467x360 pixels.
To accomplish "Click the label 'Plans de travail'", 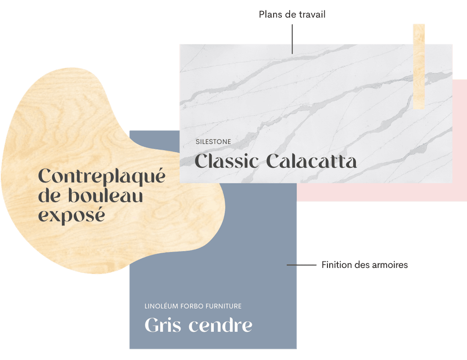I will tap(292, 15).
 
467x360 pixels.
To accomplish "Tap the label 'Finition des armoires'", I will tap(364, 264).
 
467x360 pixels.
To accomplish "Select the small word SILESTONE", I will tap(213, 142).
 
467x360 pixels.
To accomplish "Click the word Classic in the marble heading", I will tap(227, 161).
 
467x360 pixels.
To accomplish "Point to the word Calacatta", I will tap(311, 161).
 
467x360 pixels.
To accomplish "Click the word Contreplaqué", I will tap(102, 177).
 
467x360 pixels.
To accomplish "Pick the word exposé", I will tap(71, 215).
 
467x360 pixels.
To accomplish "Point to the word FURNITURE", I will tap(223, 306).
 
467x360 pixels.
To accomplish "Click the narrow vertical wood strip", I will tap(419, 67).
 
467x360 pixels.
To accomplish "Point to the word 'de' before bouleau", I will tap(47, 196).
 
